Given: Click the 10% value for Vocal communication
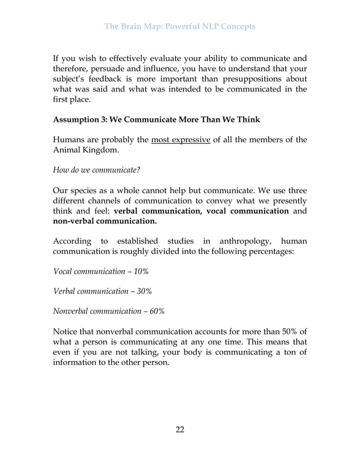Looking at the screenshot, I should pos(140,271).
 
